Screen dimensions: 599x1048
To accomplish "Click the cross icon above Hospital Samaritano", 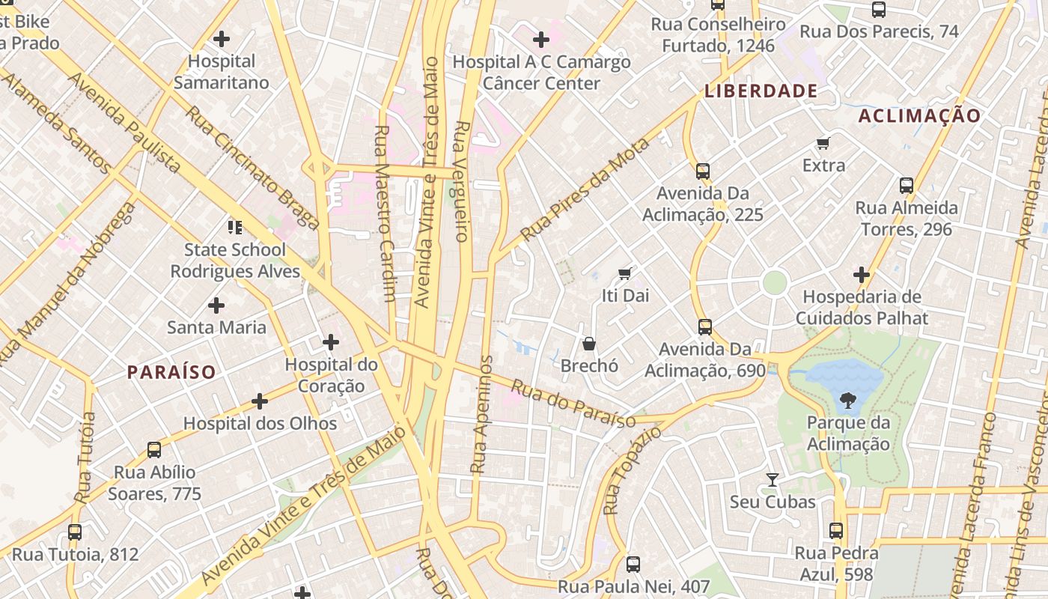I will click(222, 38).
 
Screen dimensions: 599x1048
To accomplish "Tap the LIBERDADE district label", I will click(761, 91).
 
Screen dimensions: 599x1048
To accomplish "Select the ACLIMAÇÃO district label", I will click(919, 115).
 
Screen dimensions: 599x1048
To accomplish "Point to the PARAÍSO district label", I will click(171, 371).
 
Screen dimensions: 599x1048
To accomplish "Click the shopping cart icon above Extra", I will click(823, 143).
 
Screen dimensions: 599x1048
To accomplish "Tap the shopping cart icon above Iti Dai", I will click(625, 273).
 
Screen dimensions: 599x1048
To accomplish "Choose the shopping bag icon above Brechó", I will click(589, 344).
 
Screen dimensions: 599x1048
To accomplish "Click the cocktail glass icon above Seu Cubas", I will click(773, 479).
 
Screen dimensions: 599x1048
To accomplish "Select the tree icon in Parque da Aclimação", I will click(848, 402).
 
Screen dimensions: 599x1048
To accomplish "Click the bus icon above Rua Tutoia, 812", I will click(75, 532).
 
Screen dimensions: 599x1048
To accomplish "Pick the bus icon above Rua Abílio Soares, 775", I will click(154, 450).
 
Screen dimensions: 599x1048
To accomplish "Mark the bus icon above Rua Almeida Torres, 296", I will click(907, 185).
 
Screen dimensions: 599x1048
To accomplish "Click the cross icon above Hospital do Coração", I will click(330, 342).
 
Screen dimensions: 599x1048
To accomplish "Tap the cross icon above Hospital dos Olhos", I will click(260, 401).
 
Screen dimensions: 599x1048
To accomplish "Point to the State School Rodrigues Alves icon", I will click(235, 227).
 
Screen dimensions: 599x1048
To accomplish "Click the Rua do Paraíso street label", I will click(573, 404).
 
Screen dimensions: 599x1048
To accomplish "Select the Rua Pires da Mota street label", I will click(585, 190).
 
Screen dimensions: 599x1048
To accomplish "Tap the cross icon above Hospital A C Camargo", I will click(541, 39).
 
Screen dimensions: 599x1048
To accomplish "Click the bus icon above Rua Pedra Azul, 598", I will click(836, 531).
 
